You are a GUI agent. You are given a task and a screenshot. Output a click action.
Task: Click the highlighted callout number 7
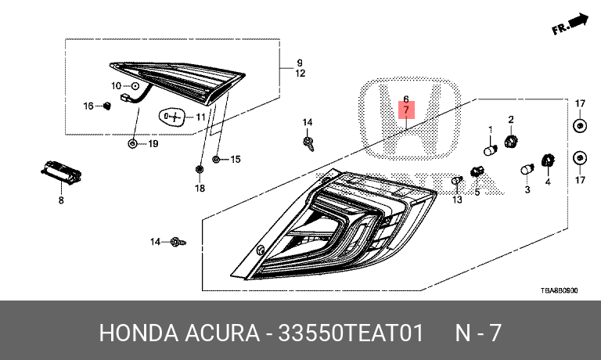[406, 111]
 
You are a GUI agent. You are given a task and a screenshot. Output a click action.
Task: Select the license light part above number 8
[60, 172]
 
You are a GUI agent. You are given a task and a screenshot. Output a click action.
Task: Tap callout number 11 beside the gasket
[200, 117]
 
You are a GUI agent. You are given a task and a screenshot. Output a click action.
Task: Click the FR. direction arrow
[570, 24]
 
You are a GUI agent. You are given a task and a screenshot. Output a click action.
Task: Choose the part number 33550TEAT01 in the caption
[347, 332]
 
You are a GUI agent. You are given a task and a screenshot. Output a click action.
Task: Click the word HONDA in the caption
[135, 332]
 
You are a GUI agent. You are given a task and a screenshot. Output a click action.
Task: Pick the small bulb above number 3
[527, 170]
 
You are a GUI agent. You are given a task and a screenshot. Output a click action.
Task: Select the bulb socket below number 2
[512, 142]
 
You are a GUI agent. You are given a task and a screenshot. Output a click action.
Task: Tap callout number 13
[457, 200]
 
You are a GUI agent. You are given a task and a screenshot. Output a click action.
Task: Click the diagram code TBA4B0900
[559, 290]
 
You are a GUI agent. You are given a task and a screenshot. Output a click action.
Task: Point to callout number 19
[153, 144]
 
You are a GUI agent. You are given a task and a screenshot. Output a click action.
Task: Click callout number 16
[88, 106]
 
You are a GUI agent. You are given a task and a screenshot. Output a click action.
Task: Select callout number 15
[235, 160]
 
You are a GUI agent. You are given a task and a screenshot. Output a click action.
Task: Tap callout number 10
[116, 85]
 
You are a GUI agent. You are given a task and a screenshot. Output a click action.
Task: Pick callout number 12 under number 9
[300, 74]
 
